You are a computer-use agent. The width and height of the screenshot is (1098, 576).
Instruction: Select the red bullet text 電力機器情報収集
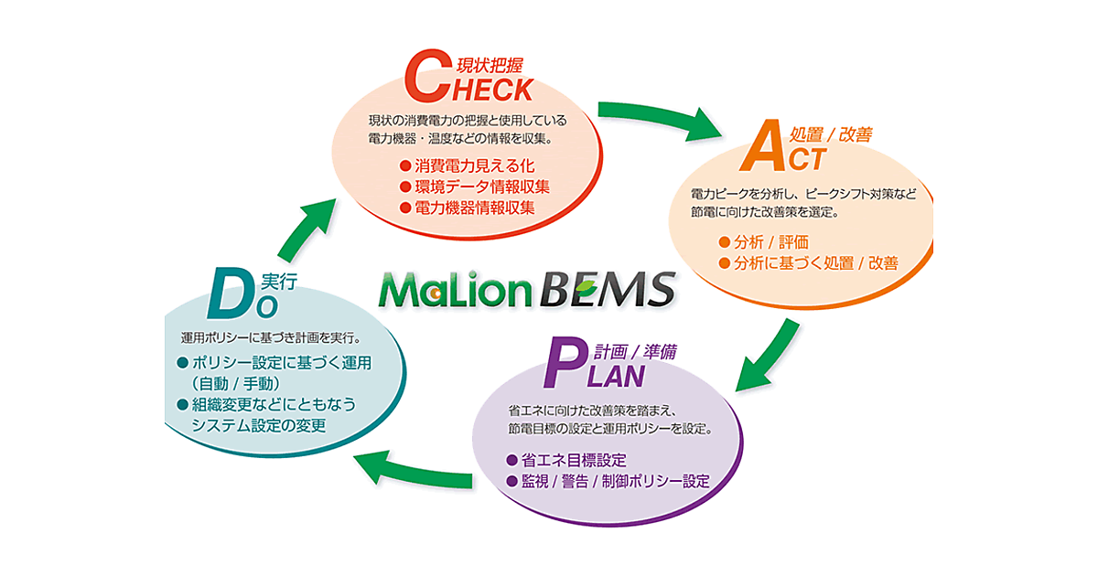474,208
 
